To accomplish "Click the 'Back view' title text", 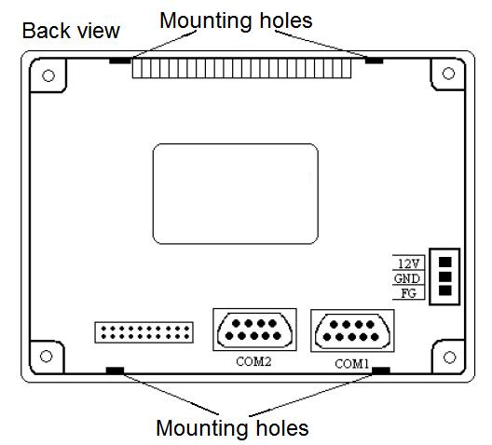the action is [x=71, y=31].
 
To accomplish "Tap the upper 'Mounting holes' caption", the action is [x=236, y=20].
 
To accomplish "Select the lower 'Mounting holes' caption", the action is [x=232, y=427].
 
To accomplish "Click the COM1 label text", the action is [x=351, y=364].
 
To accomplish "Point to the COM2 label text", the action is [x=253, y=361].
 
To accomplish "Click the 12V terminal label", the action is [x=408, y=263].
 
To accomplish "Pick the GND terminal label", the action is [x=407, y=278].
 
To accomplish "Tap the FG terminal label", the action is [x=408, y=293].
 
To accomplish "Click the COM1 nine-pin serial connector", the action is [x=352, y=330].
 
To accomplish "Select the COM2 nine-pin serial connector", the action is [x=254, y=330].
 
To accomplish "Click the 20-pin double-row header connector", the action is [x=144, y=332].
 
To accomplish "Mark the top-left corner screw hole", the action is [x=48, y=75].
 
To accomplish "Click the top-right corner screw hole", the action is [x=448, y=74].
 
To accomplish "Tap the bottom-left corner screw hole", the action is [x=47, y=357].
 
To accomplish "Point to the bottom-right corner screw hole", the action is [x=450, y=357].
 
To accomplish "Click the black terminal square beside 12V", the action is [x=444, y=262].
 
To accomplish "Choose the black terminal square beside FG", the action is [x=444, y=290].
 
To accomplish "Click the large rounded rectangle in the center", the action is [x=236, y=194].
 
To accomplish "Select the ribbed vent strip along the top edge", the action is [x=241, y=69].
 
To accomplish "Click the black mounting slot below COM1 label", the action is [x=381, y=371].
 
